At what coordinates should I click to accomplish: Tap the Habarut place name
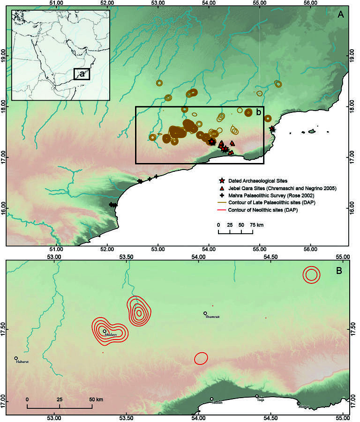(x=22, y=362)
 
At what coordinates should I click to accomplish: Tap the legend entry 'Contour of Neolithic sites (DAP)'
(x=265, y=211)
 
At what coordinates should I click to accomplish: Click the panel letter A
(x=341, y=15)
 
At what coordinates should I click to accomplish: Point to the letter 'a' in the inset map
(x=82, y=74)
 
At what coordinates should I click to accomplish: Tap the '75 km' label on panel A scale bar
(x=256, y=225)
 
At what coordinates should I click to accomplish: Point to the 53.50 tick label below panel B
(x=127, y=417)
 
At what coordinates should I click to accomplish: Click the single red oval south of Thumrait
(x=202, y=358)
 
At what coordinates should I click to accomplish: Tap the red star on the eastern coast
(x=272, y=129)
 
